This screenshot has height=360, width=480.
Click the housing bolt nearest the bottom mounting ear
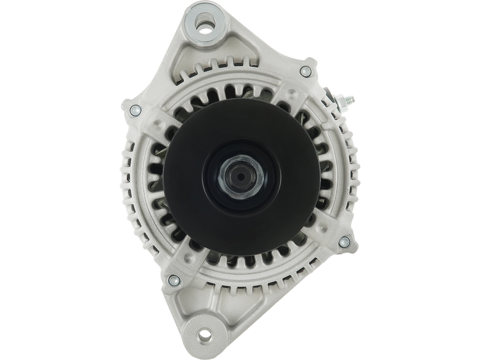[x=173, y=278]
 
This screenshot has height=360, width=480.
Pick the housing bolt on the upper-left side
[x=135, y=109]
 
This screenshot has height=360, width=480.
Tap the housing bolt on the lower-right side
[x=344, y=242]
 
